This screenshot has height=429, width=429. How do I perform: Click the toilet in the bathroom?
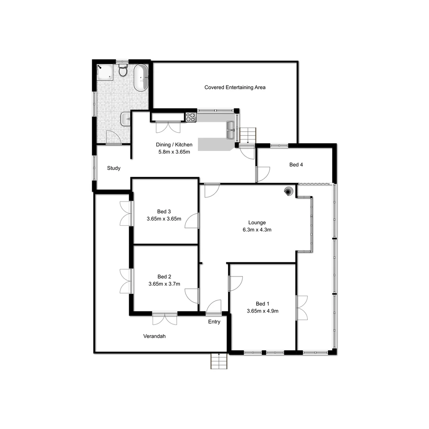pos(123,70)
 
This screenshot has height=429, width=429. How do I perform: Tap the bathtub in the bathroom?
pos(141,78)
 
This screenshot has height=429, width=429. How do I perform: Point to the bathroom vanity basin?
pos(126,118)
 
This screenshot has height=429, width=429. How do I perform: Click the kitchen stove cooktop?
pos(191,117)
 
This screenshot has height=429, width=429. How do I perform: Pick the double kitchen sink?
pos(230,130)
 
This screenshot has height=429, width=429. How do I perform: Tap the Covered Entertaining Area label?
pos(235,87)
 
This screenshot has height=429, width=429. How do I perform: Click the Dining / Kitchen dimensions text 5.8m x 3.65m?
pos(174,151)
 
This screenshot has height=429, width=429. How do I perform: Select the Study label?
pos(114,168)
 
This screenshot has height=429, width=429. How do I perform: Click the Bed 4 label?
pos(296,164)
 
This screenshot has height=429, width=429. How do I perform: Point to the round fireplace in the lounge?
pos(287,191)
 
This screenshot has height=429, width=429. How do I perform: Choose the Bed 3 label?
pos(164,211)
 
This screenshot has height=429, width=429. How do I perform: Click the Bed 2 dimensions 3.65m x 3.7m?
pos(164,284)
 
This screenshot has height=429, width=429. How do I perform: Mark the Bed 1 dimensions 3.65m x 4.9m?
pos(262,311)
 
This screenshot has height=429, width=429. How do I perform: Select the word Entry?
pos(214,322)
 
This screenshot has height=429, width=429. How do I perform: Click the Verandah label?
pos(154,336)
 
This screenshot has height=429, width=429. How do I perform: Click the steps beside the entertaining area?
pos(248,135)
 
